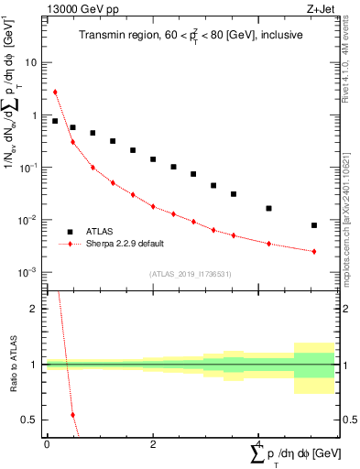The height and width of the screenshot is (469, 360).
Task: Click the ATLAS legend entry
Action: coord(100,232)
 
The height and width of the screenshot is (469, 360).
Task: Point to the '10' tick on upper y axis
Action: coord(31,63)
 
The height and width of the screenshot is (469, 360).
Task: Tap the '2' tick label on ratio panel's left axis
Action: coord(35,309)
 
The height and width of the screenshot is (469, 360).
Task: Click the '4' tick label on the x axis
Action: coord(259,444)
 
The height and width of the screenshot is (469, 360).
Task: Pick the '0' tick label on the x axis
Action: coord(47,444)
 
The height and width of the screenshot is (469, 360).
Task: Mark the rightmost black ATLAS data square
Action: coord(313,225)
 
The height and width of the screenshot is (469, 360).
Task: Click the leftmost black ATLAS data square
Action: coord(55,121)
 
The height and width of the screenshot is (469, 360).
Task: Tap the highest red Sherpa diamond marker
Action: coord(55,92)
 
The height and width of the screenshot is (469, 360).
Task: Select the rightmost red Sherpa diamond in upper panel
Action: coord(313,251)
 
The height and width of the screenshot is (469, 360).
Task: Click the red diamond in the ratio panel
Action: coord(72,415)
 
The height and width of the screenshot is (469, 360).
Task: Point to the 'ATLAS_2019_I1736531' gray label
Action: coord(189,274)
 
